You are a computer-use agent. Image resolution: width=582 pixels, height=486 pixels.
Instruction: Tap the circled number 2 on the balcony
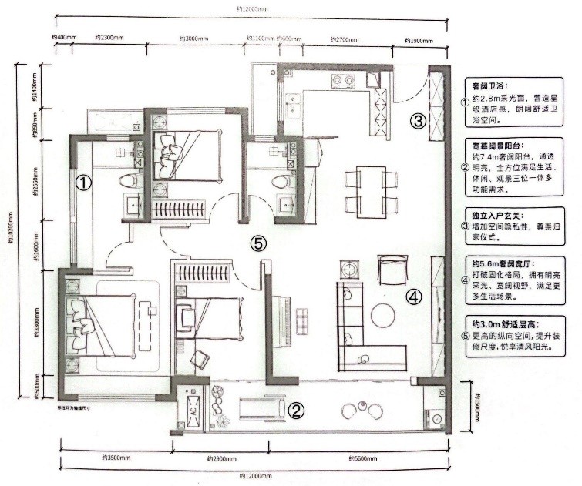(x=296, y=411)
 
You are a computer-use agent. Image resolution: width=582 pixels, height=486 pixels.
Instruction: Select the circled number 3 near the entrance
(x=417, y=121)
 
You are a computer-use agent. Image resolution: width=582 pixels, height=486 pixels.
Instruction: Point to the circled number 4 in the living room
(x=414, y=296)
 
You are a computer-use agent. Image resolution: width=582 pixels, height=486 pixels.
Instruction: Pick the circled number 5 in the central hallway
(x=259, y=243)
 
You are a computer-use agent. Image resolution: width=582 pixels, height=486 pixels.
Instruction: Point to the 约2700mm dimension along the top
(x=345, y=39)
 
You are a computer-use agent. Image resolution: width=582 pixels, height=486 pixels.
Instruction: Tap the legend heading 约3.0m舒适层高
(x=501, y=323)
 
